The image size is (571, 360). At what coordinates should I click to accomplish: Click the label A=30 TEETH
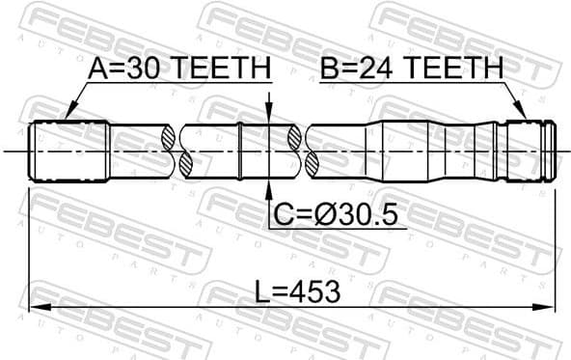pos(178,69)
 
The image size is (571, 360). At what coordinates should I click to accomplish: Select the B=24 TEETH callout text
pos(413,69)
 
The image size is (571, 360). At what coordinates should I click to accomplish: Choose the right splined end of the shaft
pos(531,151)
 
